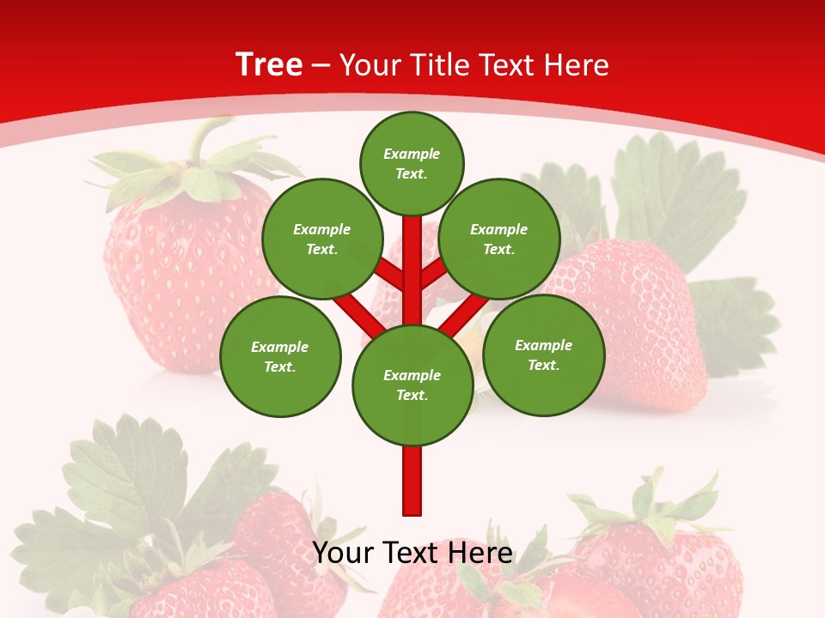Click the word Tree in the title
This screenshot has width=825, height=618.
269,65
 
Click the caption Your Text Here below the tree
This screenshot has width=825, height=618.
412,553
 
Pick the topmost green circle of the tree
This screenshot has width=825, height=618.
412,163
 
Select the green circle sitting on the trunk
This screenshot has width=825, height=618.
412,385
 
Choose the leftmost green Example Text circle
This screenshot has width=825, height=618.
280,356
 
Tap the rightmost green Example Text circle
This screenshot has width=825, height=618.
543,354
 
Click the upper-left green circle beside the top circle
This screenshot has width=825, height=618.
322,239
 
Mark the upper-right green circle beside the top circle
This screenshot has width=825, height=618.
499,239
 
